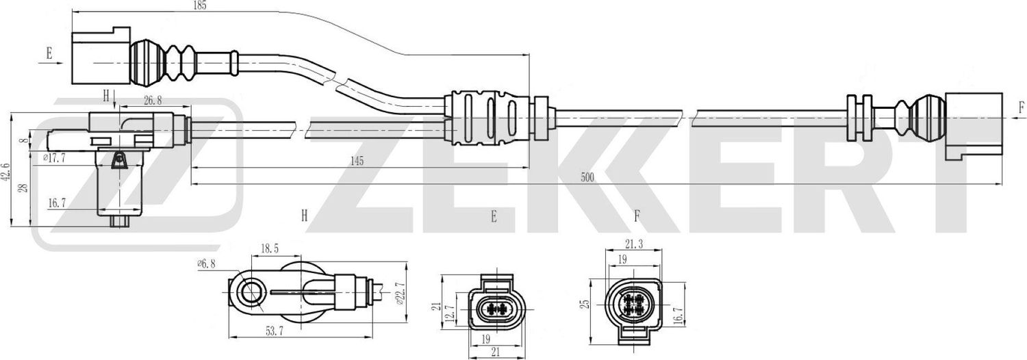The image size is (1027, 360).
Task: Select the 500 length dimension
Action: pos(587,177)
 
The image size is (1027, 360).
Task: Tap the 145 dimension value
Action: pos(355,161)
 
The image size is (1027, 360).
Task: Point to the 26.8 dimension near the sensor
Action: pos(153,101)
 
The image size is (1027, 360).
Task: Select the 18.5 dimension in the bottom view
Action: pos(268,250)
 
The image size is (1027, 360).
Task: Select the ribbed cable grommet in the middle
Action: pos(487,118)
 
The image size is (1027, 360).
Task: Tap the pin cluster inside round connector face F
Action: pos(633,302)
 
